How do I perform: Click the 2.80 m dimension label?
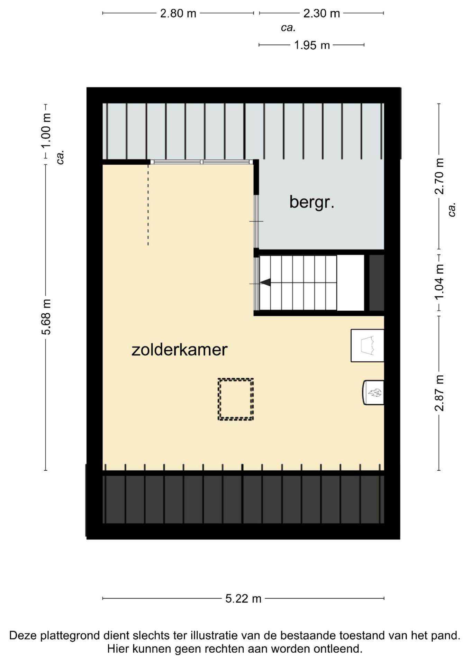click(x=178, y=13)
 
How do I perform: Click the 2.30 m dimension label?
click(x=321, y=13)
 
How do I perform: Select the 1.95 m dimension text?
click(x=311, y=45)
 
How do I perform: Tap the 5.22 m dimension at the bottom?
click(x=243, y=599)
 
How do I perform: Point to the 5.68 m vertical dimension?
click(x=46, y=317)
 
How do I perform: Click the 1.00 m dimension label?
click(x=46, y=131)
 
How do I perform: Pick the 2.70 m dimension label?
click(x=439, y=176)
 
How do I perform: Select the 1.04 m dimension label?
click(x=439, y=282)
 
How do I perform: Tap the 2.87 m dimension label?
click(x=439, y=393)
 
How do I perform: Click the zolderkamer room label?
click(x=179, y=350)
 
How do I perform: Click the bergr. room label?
click(x=311, y=202)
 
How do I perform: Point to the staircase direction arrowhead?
click(x=265, y=283)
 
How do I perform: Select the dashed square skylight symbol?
click(x=236, y=399)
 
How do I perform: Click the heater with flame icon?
click(x=374, y=393)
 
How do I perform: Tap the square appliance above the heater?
click(x=367, y=345)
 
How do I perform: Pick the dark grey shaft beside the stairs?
click(x=377, y=283)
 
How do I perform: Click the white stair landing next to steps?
click(x=350, y=283)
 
